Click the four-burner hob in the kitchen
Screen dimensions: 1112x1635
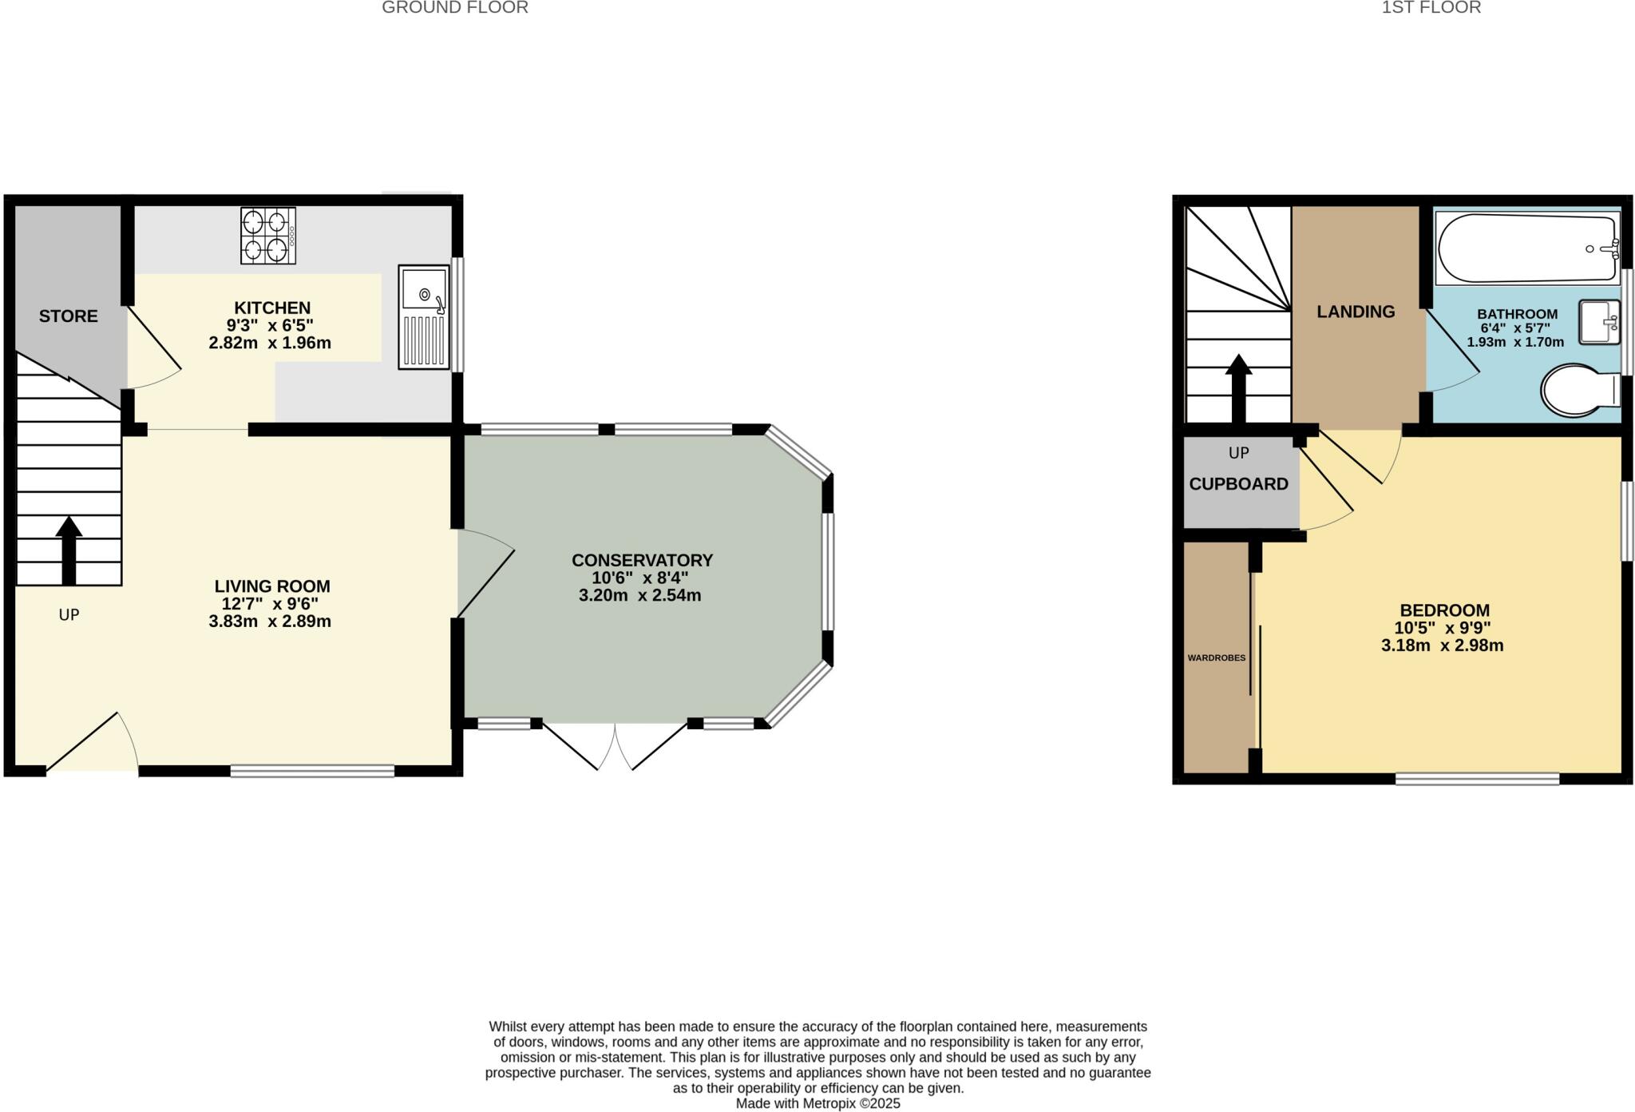pyautogui.click(x=268, y=236)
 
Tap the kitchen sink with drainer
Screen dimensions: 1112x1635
pyautogui.click(x=424, y=316)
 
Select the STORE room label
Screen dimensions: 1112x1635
pyautogui.click(x=69, y=316)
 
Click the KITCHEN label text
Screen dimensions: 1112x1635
pyautogui.click(x=272, y=308)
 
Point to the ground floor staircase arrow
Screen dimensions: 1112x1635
pyautogui.click(x=69, y=550)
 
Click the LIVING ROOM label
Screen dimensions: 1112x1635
pyautogui.click(x=272, y=586)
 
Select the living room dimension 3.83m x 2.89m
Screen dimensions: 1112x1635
pyautogui.click(x=270, y=622)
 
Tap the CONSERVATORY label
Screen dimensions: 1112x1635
pyautogui.click(x=642, y=561)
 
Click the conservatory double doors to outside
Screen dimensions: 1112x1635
pyautogui.click(x=616, y=746)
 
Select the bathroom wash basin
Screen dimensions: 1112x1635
pyautogui.click(x=1599, y=322)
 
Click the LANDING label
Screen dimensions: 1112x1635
pyautogui.click(x=1356, y=312)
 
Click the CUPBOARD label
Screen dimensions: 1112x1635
pyautogui.click(x=1238, y=484)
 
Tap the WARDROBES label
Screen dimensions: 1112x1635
pyautogui.click(x=1216, y=658)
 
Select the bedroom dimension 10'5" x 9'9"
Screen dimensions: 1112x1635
pyautogui.click(x=1443, y=629)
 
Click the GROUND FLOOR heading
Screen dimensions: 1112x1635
pyautogui.click(x=455, y=8)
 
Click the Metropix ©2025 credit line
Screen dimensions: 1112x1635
pyautogui.click(x=817, y=1103)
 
